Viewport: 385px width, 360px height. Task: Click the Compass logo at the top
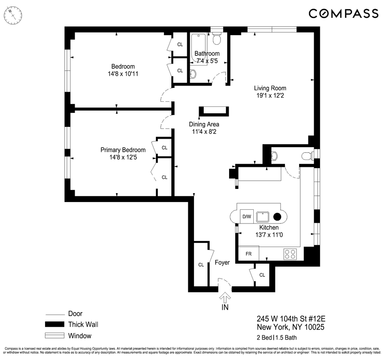point(343,14)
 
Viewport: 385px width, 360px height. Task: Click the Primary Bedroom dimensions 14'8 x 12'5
point(123,157)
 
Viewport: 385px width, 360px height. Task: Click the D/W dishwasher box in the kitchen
point(246,217)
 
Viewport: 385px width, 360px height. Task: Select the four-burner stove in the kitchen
point(290,254)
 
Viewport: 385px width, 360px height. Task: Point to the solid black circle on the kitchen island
point(278,217)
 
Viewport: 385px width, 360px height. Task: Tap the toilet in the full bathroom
point(216,39)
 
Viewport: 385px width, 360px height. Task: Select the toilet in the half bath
point(307,156)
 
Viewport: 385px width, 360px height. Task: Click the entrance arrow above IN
point(225,298)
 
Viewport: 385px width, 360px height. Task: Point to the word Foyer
point(222,262)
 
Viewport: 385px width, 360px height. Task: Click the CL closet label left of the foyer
point(201,265)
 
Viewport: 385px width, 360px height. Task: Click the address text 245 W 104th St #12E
point(288,319)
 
